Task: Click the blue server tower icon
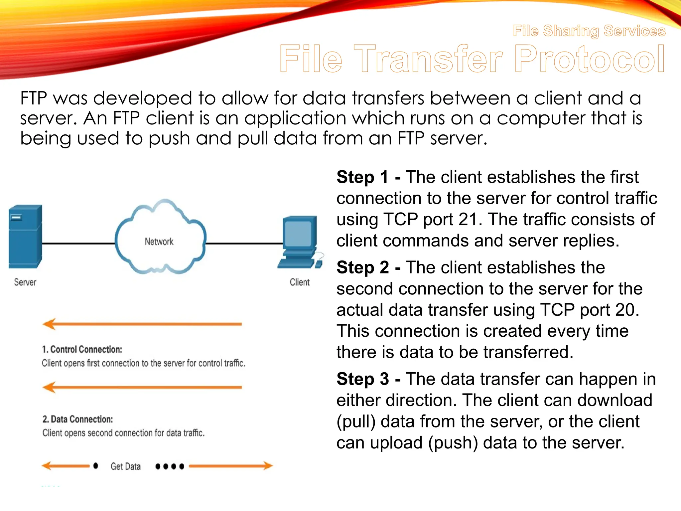(x=25, y=237)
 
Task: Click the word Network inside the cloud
(x=159, y=242)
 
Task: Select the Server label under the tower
(x=25, y=282)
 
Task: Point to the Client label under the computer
(x=300, y=282)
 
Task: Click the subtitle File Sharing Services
(x=589, y=31)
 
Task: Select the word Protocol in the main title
(x=590, y=59)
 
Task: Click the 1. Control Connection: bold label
(x=82, y=349)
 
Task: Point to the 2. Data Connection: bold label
(x=77, y=419)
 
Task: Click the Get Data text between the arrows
(x=125, y=466)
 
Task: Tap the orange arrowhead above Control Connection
(x=50, y=324)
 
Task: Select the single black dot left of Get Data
(x=96, y=466)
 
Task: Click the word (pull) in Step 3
(x=356, y=422)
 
